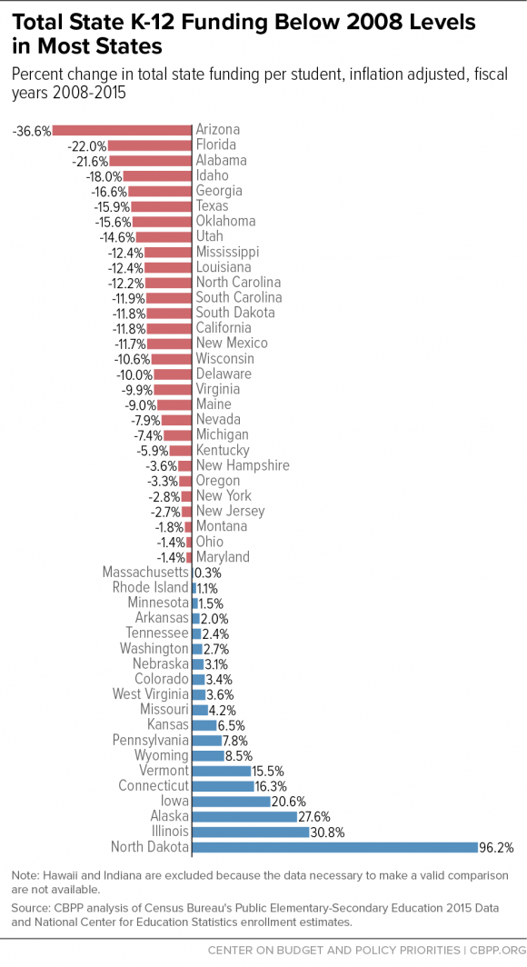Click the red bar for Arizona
click(124, 130)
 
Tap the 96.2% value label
click(497, 847)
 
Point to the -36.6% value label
click(32, 130)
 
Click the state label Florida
click(216, 145)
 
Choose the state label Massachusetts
click(145, 573)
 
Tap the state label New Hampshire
click(243, 465)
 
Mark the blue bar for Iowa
click(231, 802)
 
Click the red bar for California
click(170, 328)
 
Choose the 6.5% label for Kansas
click(231, 725)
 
